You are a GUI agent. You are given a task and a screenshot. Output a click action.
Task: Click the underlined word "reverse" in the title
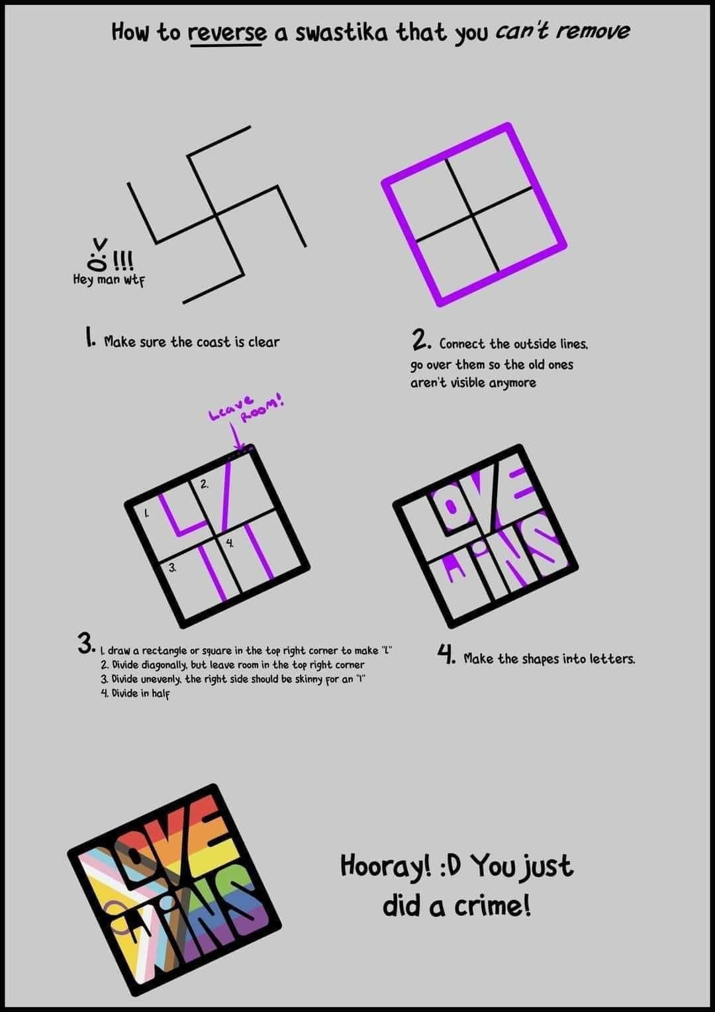(228, 32)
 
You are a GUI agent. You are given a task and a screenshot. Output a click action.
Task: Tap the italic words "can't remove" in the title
(562, 31)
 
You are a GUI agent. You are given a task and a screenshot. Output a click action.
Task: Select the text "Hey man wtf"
(109, 279)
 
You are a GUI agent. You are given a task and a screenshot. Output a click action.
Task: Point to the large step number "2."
(421, 340)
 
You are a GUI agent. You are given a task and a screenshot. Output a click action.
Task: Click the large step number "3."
(87, 644)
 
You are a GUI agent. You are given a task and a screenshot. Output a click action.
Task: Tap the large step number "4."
(446, 655)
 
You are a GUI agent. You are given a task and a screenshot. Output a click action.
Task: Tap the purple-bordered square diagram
(474, 214)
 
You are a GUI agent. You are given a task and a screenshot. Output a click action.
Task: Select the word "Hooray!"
(385, 866)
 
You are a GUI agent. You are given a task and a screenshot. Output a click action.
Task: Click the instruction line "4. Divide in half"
(135, 693)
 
